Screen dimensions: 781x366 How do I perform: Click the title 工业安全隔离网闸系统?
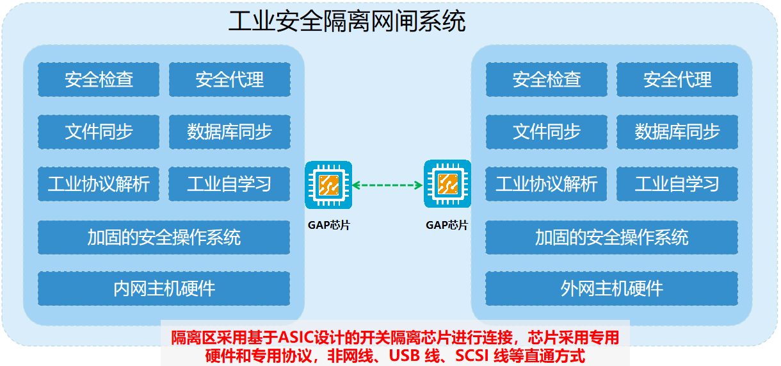(x=347, y=21)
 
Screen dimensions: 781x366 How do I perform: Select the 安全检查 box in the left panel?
(x=99, y=79)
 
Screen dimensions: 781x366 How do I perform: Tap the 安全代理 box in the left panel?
(x=230, y=79)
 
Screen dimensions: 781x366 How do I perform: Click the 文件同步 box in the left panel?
(x=99, y=131)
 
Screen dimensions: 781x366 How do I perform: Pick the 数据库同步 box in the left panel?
(x=230, y=131)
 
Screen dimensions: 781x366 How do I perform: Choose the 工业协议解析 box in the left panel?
(x=99, y=184)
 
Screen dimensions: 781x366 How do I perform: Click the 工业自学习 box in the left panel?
(x=229, y=184)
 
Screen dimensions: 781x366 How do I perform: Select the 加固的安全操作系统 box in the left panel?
(x=164, y=237)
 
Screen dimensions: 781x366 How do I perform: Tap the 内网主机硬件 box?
(x=164, y=288)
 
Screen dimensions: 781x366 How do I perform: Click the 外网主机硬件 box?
(x=611, y=288)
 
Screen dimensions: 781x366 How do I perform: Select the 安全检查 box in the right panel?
(x=546, y=79)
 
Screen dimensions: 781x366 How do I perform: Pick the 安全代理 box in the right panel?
(x=677, y=79)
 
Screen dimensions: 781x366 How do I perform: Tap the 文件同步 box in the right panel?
(x=546, y=131)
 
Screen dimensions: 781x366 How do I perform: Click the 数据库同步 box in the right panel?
(x=677, y=131)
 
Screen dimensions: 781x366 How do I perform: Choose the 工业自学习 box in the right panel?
(x=677, y=184)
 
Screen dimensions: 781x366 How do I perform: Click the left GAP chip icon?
(x=328, y=185)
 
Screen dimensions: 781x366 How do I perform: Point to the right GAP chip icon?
(x=447, y=184)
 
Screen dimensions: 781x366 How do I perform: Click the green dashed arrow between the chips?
(x=388, y=185)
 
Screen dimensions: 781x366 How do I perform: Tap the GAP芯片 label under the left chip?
(x=329, y=225)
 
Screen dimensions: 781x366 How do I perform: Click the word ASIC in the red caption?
(x=296, y=337)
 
